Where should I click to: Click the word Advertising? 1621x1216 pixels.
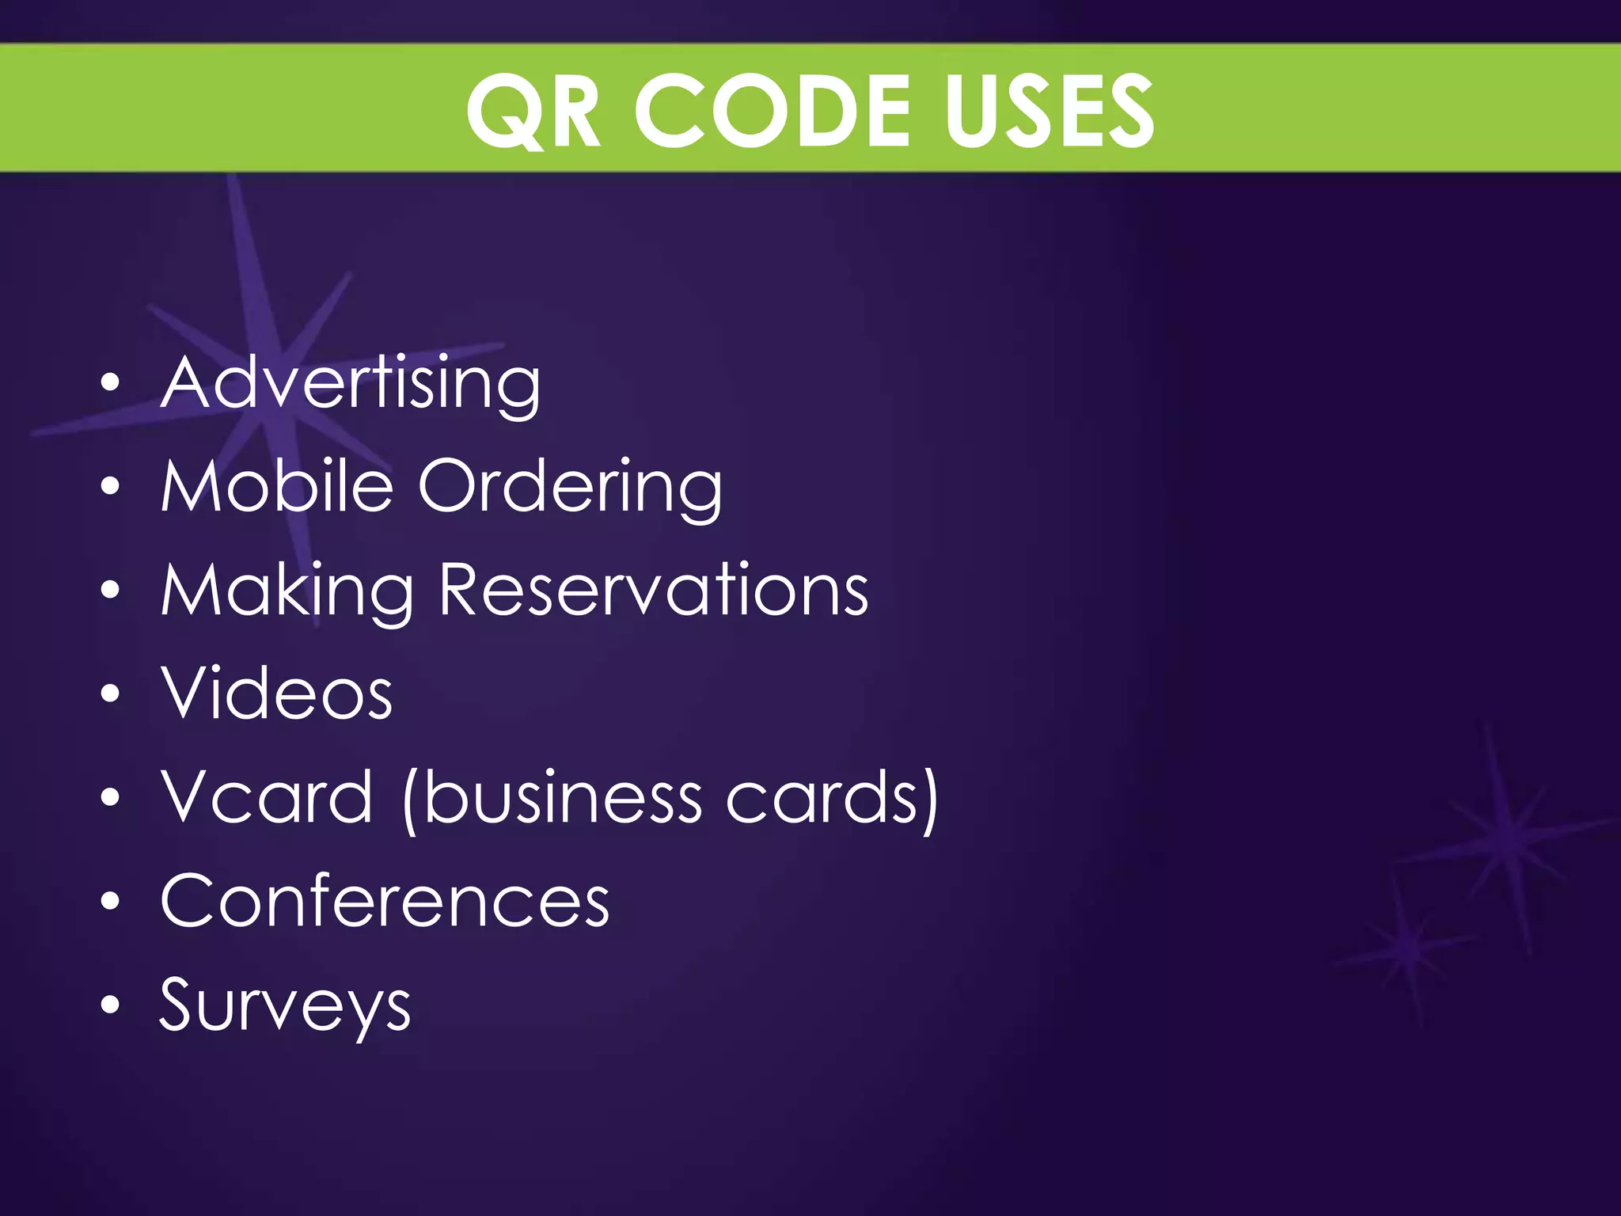click(x=351, y=383)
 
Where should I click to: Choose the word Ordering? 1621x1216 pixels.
click(x=570, y=487)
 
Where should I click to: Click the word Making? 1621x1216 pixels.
click(x=287, y=591)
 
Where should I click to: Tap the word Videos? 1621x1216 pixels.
click(x=277, y=693)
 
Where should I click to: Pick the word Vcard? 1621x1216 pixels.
click(x=267, y=797)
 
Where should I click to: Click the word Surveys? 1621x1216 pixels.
click(x=286, y=1007)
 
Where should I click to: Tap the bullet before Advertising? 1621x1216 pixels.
click(x=111, y=383)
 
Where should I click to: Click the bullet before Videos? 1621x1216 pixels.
click(x=111, y=694)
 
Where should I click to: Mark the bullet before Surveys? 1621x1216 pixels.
click(x=111, y=1005)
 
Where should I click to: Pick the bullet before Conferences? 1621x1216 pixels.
click(x=111, y=902)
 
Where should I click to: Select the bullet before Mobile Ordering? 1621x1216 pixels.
click(x=111, y=487)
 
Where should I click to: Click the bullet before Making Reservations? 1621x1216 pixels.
click(x=111, y=591)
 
